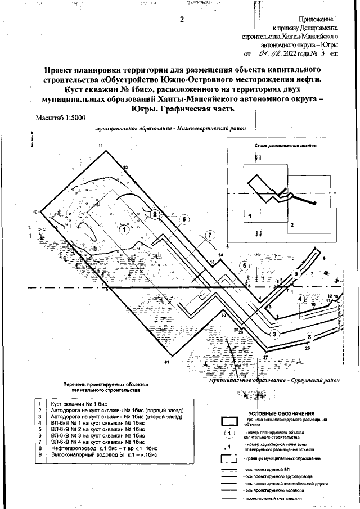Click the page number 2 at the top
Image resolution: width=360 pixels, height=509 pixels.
182,20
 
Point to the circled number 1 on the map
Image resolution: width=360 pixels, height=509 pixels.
123,228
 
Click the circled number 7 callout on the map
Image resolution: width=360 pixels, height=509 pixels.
209,235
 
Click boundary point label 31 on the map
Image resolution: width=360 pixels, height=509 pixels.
166,362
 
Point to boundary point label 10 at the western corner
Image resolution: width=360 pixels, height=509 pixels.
35,211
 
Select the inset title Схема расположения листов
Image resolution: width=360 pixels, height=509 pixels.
285,145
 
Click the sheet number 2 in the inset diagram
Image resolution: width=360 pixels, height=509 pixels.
292,224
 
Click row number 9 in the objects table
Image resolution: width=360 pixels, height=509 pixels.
40,454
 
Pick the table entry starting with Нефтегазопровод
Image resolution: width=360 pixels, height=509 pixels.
102,448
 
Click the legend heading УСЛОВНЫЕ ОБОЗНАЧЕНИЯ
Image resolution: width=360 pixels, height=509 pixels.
281,413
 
